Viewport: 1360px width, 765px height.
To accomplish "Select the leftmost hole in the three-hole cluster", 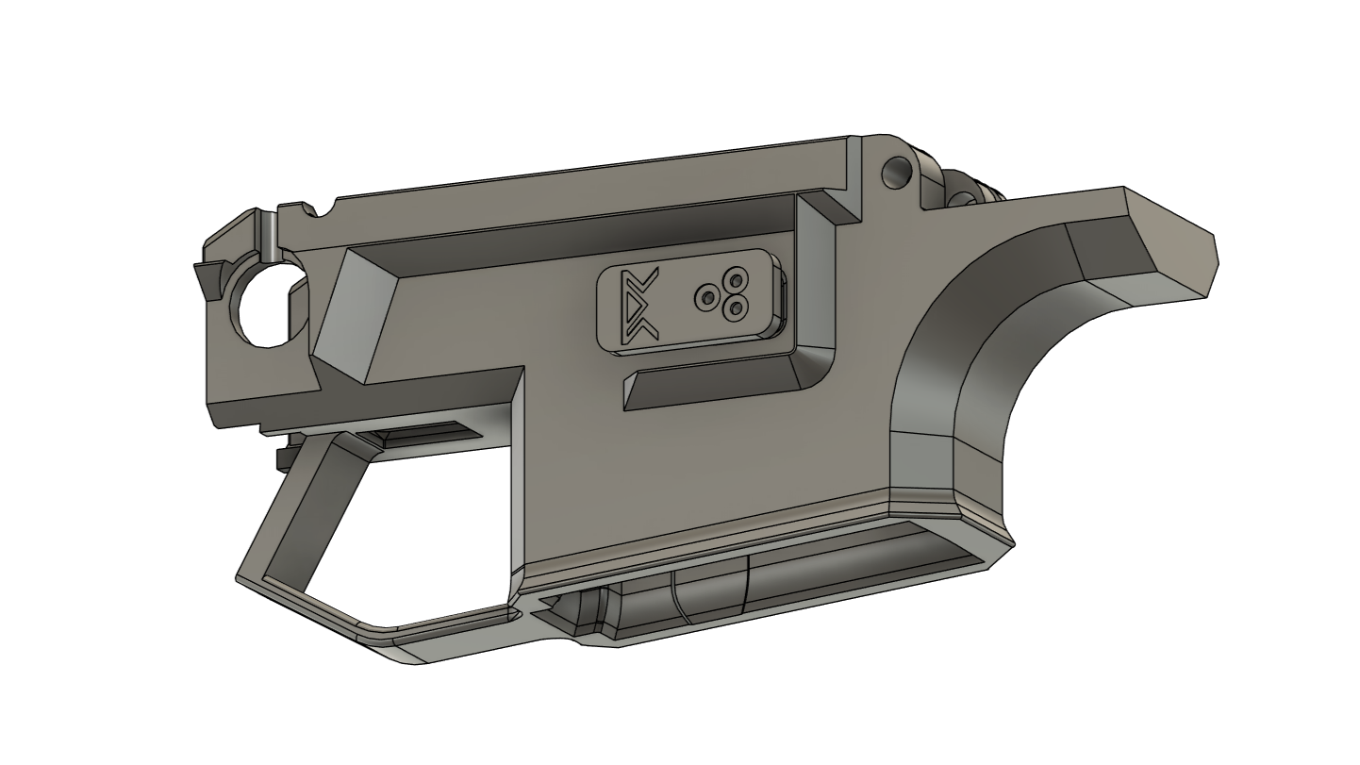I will pyautogui.click(x=707, y=298).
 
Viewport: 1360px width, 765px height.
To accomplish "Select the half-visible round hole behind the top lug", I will pyautogui.click(x=963, y=195).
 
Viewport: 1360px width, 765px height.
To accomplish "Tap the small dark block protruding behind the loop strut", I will pyautogui.click(x=282, y=457).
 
